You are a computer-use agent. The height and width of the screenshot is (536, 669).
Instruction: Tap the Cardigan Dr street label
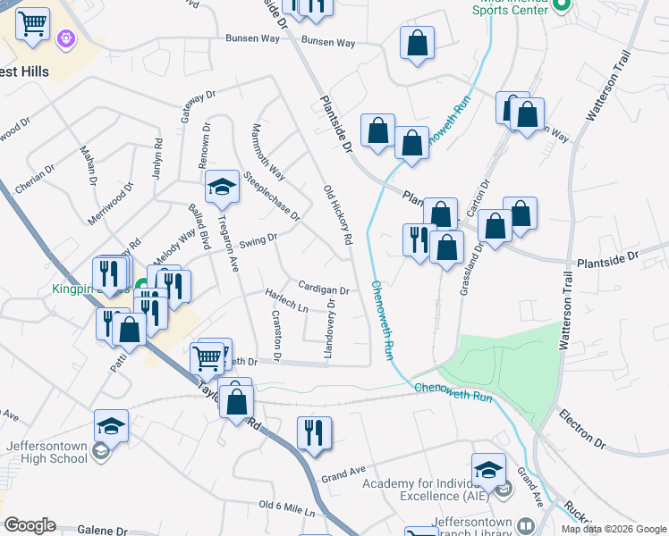(x=324, y=289)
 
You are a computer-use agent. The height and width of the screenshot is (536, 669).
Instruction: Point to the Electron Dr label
(x=582, y=429)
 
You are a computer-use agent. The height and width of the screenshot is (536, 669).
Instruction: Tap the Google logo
(x=30, y=525)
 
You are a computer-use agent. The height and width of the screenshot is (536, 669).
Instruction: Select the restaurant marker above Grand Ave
(x=314, y=434)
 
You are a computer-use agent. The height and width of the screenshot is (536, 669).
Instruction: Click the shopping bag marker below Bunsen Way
(x=418, y=43)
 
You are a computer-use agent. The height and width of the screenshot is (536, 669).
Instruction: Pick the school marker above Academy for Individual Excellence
(x=489, y=470)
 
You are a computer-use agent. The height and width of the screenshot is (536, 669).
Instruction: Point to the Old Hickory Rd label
(x=337, y=215)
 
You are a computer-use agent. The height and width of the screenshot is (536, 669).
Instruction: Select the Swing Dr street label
(x=259, y=239)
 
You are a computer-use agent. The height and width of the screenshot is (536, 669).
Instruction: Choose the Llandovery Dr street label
(x=331, y=331)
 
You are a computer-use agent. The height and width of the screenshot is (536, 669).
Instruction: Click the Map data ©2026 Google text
(x=613, y=529)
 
